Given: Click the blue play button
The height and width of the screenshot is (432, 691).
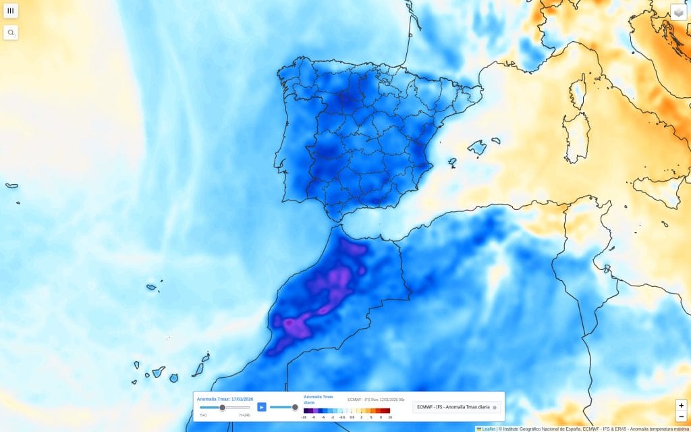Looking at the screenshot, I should point(262,407).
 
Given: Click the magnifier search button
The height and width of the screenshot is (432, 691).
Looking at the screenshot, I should point(11,32).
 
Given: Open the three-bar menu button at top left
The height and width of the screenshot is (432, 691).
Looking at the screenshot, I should point(11,11).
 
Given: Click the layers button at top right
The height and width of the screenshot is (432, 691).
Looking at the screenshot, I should point(678,12).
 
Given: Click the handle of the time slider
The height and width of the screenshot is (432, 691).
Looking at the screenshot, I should point(222,407).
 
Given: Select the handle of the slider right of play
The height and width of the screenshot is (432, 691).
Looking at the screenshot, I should point(295,407).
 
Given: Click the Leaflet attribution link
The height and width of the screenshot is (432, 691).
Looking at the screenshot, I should point(489,429).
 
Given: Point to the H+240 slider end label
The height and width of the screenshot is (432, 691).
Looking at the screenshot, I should point(244,415).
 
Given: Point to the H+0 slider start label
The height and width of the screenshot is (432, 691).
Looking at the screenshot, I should point(203,415).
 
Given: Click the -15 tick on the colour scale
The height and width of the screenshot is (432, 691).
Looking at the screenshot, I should point(304,417).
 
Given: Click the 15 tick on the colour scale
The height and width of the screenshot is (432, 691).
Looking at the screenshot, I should point(390,417).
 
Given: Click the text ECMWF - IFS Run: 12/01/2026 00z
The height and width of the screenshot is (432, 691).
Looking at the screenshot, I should point(376,400).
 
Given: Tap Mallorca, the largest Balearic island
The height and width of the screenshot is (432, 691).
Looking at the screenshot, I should point(476,147).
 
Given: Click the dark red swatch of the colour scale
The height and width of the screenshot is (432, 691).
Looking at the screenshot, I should point(387,410).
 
